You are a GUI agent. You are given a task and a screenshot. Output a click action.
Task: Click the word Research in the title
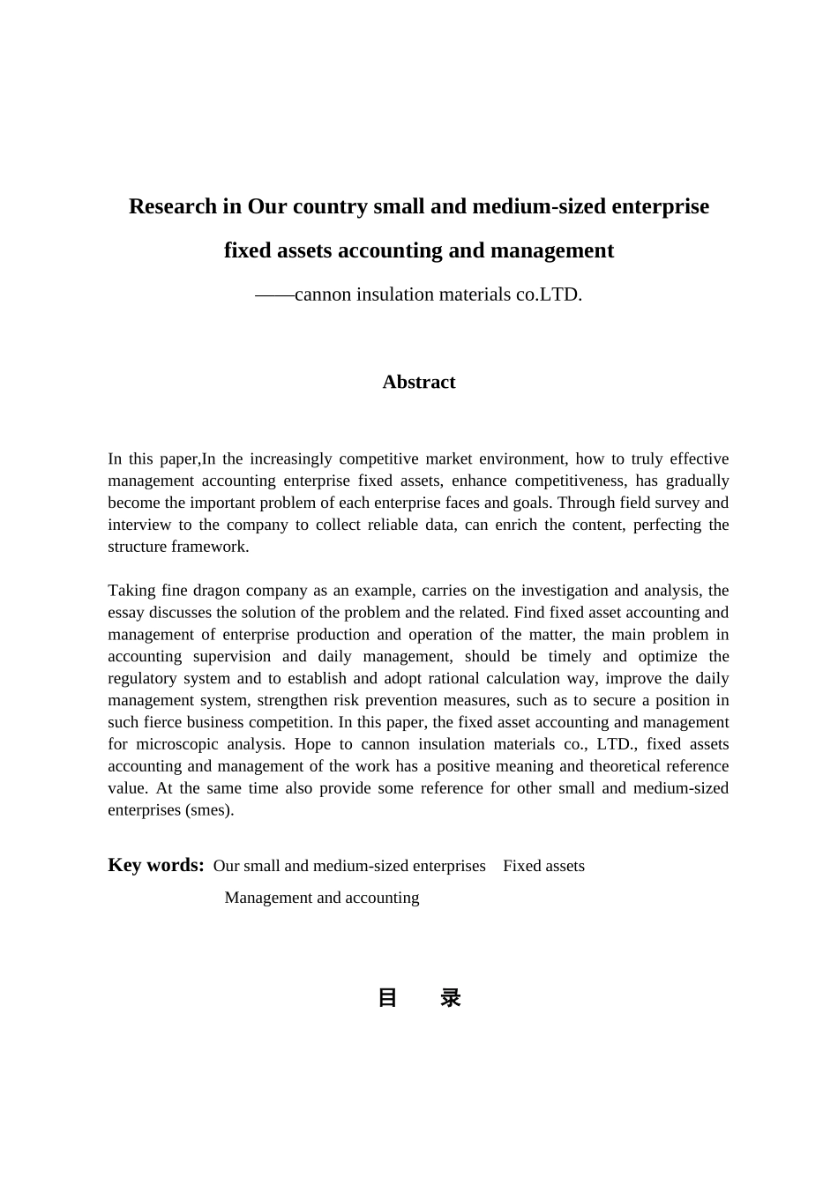(173, 206)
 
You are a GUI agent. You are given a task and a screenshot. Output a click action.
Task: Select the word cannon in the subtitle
(323, 294)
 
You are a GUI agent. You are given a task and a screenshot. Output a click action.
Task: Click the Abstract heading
(419, 382)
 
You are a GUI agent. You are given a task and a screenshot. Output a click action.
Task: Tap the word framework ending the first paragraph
(212, 547)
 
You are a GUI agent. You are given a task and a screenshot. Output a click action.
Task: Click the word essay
(126, 613)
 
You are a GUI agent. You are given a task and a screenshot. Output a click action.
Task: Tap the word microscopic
(177, 744)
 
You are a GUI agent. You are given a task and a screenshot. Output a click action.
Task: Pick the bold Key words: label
(156, 865)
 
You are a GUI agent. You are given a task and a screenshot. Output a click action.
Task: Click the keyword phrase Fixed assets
(543, 866)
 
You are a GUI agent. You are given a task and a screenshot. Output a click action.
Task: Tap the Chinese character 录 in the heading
(451, 998)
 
